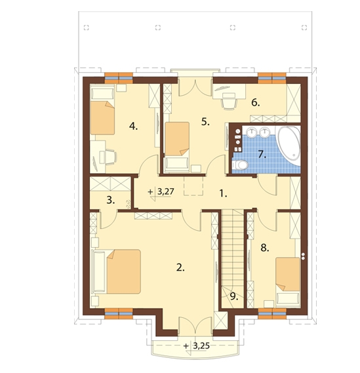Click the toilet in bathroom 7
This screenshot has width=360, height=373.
tap(241, 165)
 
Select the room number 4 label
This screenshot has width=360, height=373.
tap(133, 127)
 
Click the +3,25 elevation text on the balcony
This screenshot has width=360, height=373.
tap(197, 346)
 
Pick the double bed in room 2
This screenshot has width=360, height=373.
tap(123, 271)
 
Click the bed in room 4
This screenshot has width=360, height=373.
tap(102, 118)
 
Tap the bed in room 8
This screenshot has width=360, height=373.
tap(288, 274)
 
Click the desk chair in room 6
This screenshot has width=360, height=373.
tap(229, 101)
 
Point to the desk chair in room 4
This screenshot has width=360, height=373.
tap(109, 157)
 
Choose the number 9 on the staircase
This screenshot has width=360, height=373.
tap(234, 296)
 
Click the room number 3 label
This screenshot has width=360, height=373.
tap(110, 200)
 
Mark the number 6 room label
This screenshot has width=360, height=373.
tap(256, 103)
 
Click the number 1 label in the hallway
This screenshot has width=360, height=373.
tap(223, 194)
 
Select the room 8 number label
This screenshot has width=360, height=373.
tap(265, 248)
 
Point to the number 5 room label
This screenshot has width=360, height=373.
tap(205, 122)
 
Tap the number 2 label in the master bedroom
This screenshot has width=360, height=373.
tap(180, 268)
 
